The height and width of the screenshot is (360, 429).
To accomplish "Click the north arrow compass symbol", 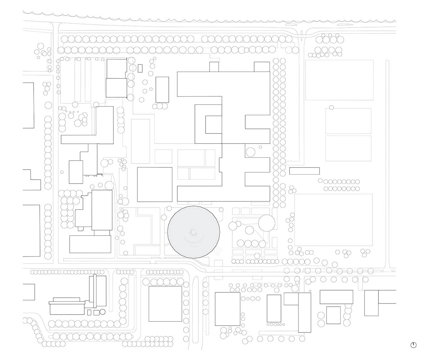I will coord(413,345).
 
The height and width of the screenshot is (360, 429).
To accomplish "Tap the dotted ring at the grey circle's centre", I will coord(193,233).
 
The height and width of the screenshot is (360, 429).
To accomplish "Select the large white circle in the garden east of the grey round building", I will coord(267,223).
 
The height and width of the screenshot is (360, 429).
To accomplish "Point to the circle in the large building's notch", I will coord(250,152).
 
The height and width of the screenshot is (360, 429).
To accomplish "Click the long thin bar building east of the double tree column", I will coord(304,171).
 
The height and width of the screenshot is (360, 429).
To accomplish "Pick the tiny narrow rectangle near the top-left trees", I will coord(140,68).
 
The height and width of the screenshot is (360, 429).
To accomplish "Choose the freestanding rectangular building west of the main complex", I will coord(162,89).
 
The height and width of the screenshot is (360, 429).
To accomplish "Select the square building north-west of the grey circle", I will coord(155,184).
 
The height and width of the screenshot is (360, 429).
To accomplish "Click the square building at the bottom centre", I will coord(165,303).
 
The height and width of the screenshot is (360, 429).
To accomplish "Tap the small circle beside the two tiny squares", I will coord(103,312).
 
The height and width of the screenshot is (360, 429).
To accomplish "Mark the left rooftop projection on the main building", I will coord(214,67).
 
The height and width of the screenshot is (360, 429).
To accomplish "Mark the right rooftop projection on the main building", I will coord(262,67).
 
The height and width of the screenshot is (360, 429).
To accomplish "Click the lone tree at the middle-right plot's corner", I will coord(331,107).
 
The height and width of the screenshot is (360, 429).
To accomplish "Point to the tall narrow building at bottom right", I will coord(305,312).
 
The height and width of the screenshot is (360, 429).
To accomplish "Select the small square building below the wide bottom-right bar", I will coord(333,315).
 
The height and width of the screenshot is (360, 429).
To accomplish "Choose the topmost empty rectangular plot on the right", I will coord(339,80).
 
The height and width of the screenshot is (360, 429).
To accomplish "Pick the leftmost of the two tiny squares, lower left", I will coord(89,312).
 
